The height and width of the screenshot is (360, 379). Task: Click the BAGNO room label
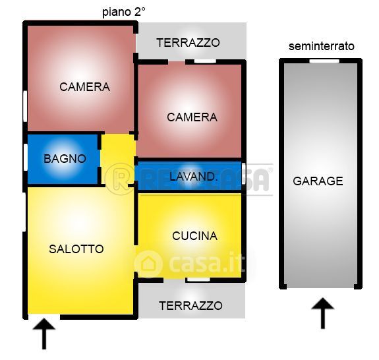click(x=65, y=159)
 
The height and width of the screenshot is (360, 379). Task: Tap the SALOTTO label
click(x=76, y=249)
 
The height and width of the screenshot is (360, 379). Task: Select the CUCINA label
click(x=194, y=236)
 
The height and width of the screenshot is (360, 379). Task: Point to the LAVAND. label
click(x=192, y=177)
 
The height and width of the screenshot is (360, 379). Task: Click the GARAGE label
click(x=318, y=181)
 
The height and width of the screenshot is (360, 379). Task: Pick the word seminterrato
click(x=322, y=46)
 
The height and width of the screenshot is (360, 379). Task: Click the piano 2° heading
click(x=124, y=12)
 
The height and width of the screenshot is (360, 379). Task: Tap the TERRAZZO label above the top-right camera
click(x=188, y=43)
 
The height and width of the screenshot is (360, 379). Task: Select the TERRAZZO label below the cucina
click(x=190, y=306)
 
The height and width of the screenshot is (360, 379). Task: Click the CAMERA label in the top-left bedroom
click(x=84, y=87)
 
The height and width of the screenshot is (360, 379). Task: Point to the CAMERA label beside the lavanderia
click(x=192, y=117)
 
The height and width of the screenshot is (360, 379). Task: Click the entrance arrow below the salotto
click(x=44, y=334)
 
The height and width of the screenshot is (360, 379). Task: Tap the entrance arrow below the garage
click(x=323, y=313)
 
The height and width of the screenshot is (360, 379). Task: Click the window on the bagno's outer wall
click(x=25, y=157)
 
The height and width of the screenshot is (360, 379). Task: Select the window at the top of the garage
click(x=324, y=61)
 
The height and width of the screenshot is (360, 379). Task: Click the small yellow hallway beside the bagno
click(x=118, y=160)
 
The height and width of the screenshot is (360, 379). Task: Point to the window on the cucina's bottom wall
click(x=198, y=280)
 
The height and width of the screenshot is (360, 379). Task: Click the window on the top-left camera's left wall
click(x=25, y=106)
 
